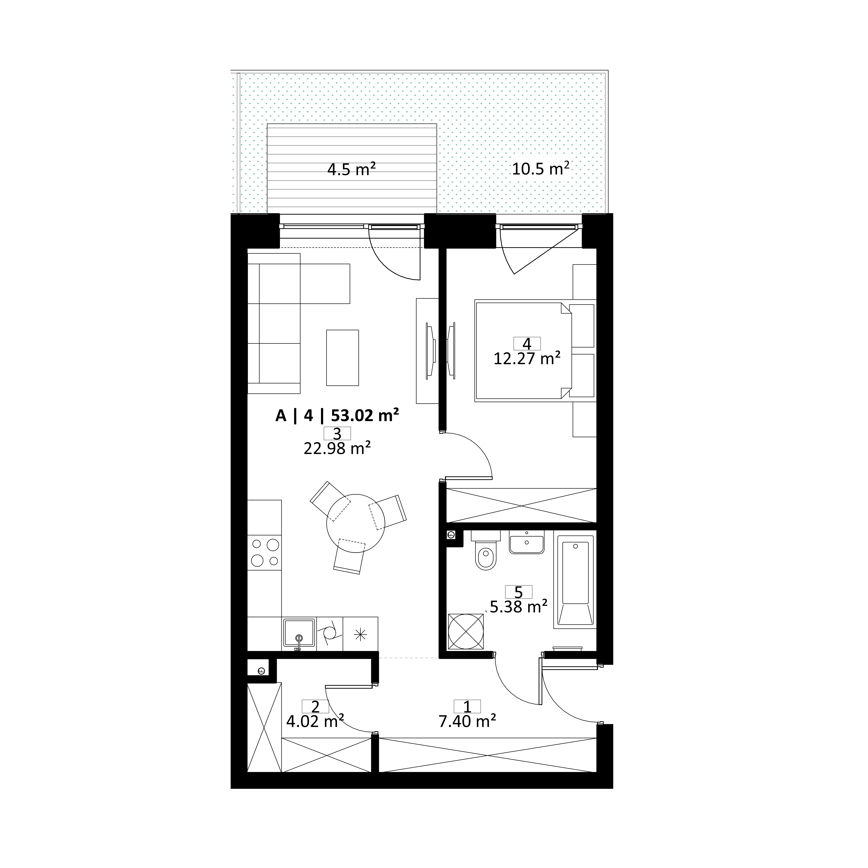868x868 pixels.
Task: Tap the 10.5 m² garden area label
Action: [x=541, y=169]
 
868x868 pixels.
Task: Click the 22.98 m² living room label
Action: [x=337, y=448]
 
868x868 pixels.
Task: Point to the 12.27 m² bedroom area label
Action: [x=527, y=359]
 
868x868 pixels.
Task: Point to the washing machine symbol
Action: [x=466, y=631]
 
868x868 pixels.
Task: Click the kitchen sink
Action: [x=299, y=634]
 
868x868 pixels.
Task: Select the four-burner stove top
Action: [x=265, y=553]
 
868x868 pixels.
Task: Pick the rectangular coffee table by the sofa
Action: [x=342, y=358]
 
